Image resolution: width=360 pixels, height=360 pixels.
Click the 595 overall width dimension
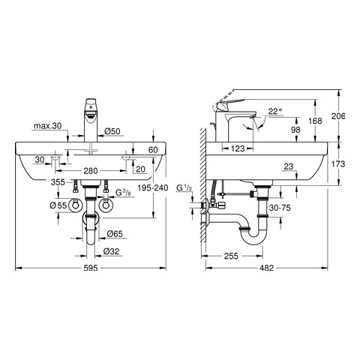pos(91,268)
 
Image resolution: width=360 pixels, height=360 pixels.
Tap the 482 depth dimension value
pos(266,268)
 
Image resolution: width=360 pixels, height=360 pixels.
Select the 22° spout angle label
pos(275,111)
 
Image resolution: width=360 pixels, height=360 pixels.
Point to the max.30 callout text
pos(47,126)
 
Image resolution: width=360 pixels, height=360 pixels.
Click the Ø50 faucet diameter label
pos(112,131)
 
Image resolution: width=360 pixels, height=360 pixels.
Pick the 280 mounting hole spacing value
pos(91,171)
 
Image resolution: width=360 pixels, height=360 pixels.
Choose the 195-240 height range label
pos(153,187)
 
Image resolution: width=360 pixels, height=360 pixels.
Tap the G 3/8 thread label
pos(123,193)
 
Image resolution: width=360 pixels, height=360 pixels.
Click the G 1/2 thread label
pos(184,187)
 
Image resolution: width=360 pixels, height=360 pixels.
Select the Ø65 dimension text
pos(115,234)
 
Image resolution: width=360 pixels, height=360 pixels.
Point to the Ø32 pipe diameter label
pos(111,251)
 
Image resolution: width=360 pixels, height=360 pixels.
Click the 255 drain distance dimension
pos(231,256)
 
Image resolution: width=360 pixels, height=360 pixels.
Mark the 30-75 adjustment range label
pos(280,208)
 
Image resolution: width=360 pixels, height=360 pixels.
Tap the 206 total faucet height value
pos(338,116)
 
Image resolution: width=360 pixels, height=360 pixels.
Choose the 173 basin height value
pos(338,164)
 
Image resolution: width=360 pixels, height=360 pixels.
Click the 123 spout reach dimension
pos(237,148)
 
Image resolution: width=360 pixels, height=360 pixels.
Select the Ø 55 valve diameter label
pos(58,205)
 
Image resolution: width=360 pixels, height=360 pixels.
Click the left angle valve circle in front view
pos(75,205)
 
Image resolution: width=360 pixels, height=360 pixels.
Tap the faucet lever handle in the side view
pos(230,103)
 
